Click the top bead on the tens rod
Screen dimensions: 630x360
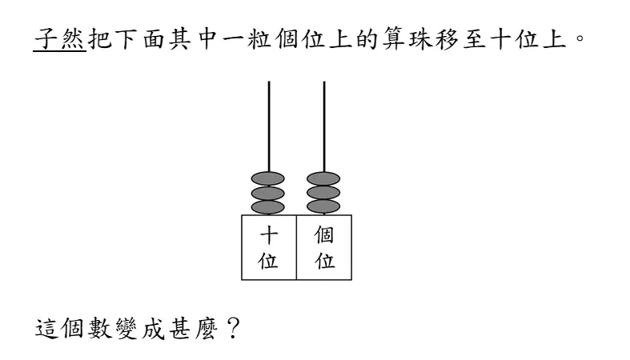pyautogui.click(x=268, y=178)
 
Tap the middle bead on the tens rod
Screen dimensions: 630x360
pyautogui.click(x=268, y=193)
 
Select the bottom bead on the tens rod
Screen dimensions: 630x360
pyautogui.click(x=268, y=207)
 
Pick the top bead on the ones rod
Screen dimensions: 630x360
pyautogui.click(x=323, y=178)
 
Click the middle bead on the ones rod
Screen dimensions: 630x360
pyautogui.click(x=323, y=193)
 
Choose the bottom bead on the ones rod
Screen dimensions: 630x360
pyautogui.click(x=323, y=207)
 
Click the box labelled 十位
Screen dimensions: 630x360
pyautogui.click(x=269, y=247)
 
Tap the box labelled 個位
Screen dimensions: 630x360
pyautogui.click(x=324, y=247)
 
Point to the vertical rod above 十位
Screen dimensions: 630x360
pyautogui.click(x=269, y=127)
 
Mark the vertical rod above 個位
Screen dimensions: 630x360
pyautogui.click(x=324, y=127)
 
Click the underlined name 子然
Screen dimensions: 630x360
pyautogui.click(x=59, y=39)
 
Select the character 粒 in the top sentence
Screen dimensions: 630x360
pyautogui.click(x=259, y=39)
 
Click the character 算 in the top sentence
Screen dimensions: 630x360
pyautogui.click(x=393, y=39)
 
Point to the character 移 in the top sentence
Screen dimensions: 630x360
pyautogui.click(x=447, y=39)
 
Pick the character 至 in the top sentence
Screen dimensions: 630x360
pyautogui.click(x=474, y=39)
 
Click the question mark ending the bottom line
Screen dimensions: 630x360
pyautogui.click(x=233, y=328)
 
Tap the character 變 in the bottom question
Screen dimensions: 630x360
pyautogui.click(x=126, y=329)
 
